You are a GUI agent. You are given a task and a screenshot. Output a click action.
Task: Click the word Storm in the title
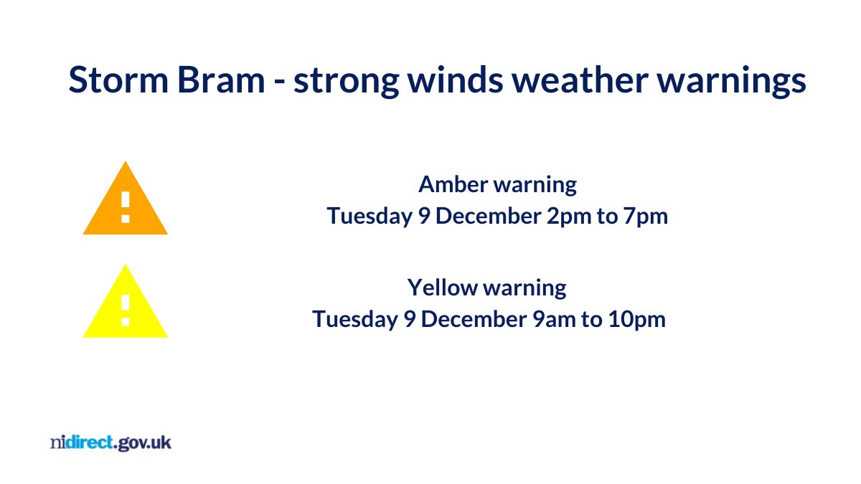pos(118,80)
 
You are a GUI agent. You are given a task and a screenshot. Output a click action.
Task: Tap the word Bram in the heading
pos(221,80)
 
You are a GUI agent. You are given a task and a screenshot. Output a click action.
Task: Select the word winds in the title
pos(455,80)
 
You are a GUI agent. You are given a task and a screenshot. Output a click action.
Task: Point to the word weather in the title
pos(580,80)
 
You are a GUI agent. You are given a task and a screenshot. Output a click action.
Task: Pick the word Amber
pos(453,184)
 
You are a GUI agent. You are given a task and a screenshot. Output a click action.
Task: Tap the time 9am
pos(553,320)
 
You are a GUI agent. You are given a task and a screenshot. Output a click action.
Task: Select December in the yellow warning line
pos(474,319)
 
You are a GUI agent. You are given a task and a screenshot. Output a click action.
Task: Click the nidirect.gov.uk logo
pos(110,443)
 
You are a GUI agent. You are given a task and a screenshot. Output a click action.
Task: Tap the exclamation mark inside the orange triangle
pos(126,207)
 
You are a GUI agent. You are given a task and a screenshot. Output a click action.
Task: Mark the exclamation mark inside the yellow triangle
pos(126,310)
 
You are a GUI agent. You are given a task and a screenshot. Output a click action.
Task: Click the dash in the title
pos(280,82)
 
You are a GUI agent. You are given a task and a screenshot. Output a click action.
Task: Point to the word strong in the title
pos(347,82)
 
